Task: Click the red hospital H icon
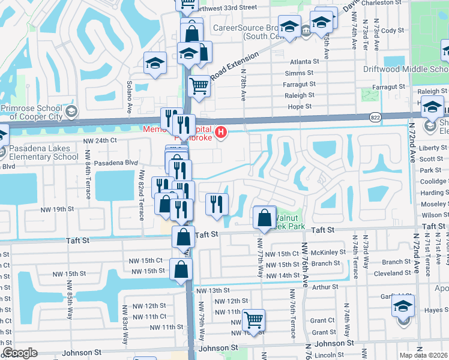click(221, 132)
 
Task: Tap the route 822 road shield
click(375, 116)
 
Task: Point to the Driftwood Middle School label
click(406, 69)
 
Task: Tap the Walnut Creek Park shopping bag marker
click(264, 218)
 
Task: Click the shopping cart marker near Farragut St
click(198, 85)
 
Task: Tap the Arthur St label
click(325, 287)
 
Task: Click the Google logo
click(20, 353)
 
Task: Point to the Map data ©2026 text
click(424, 355)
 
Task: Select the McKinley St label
click(325, 253)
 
